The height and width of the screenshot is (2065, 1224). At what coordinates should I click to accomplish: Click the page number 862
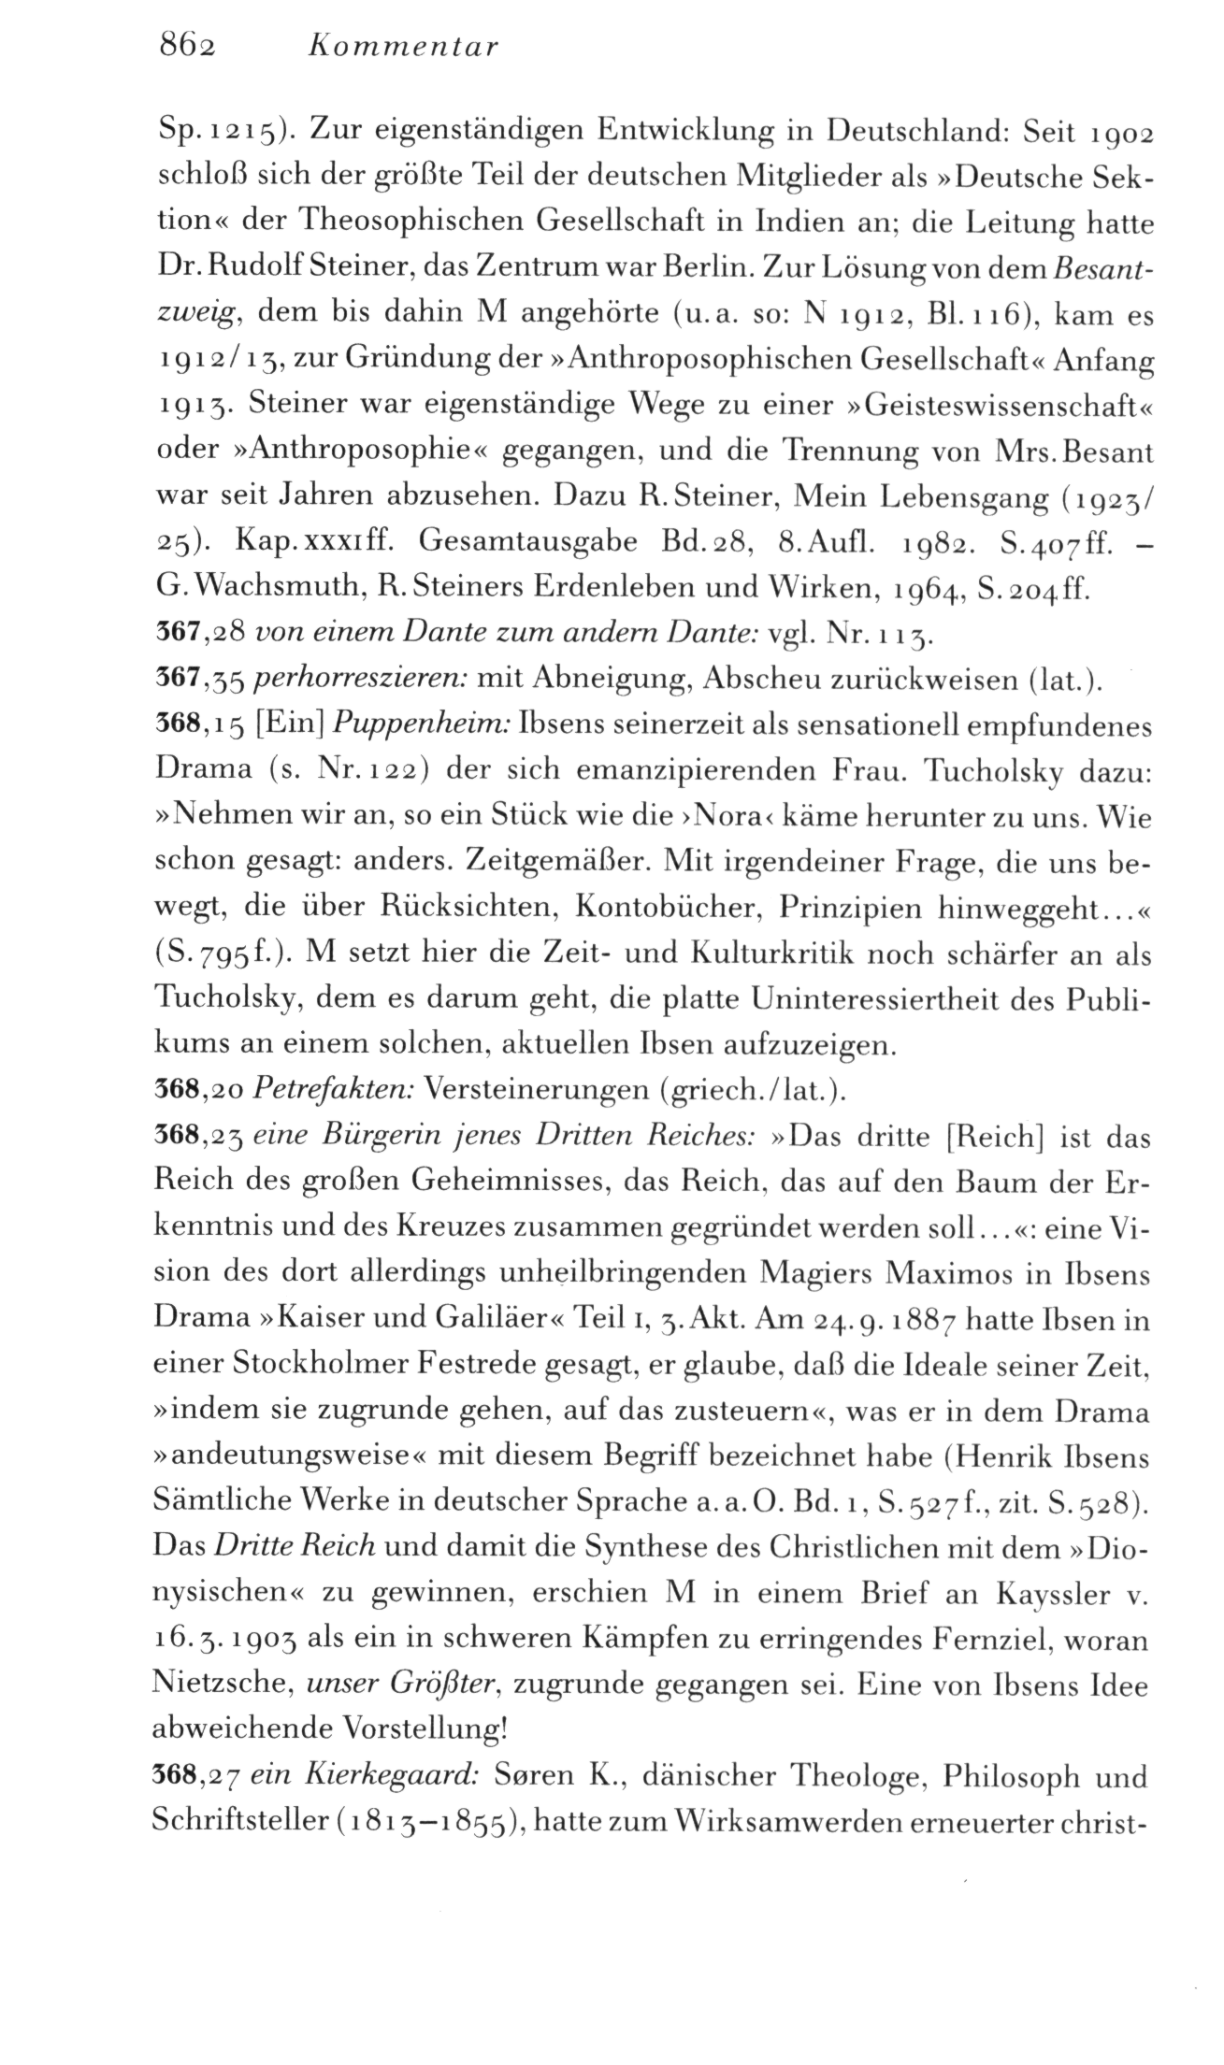click(x=181, y=47)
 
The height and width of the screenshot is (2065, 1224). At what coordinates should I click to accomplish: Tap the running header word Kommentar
click(x=404, y=47)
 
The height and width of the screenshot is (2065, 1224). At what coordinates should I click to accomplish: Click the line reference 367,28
click(x=197, y=635)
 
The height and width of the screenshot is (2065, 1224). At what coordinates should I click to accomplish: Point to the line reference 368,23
click(x=197, y=1136)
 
